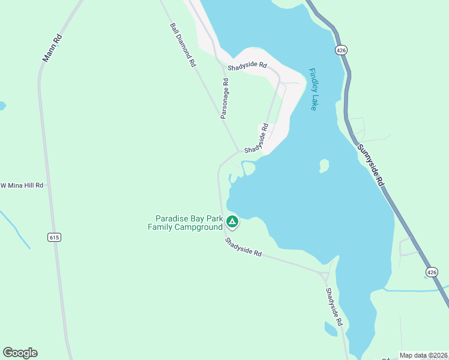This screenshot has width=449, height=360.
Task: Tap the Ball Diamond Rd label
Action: (183, 45)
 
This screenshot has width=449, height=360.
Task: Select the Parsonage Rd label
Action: (224, 98)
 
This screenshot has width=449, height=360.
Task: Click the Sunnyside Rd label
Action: (370, 167)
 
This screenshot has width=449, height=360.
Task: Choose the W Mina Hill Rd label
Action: (22, 185)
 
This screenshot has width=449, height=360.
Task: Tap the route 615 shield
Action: (55, 238)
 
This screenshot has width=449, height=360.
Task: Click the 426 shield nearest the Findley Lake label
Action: (341, 50)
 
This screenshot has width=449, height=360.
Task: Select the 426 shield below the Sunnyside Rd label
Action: (432, 272)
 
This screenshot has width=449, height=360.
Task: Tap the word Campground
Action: (197, 227)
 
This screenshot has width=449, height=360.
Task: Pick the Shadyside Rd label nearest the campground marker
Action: (244, 247)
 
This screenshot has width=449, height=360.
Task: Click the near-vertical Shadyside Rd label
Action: (334, 307)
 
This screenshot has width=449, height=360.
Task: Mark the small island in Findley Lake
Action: (324, 165)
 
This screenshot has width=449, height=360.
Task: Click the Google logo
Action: (20, 352)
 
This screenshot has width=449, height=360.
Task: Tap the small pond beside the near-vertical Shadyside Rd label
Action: (330, 329)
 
